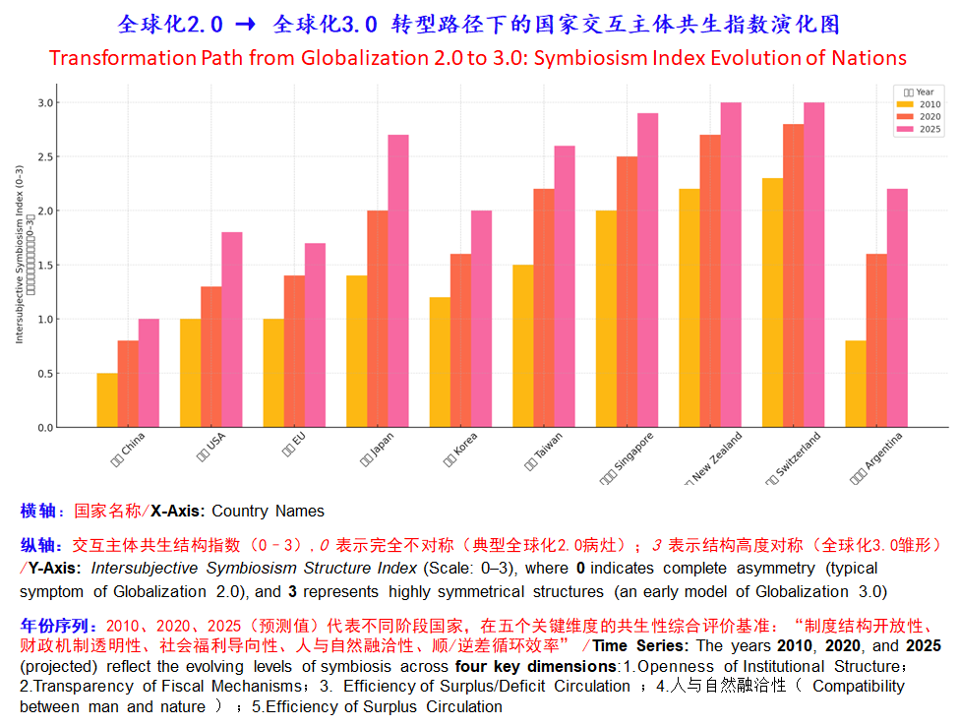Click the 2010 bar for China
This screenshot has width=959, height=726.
pyautogui.click(x=107, y=400)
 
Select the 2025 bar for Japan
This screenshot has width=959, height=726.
pyautogui.click(x=398, y=281)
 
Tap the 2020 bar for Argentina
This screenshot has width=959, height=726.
pyautogui.click(x=876, y=340)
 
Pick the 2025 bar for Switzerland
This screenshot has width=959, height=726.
pyautogui.click(x=813, y=265)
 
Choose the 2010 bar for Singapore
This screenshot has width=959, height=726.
pyautogui.click(x=606, y=319)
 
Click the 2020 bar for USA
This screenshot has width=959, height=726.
pyautogui.click(x=210, y=356)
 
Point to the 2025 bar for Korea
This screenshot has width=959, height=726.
pyautogui.click(x=481, y=319)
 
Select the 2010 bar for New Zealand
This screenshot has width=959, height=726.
pyautogui.click(x=689, y=308)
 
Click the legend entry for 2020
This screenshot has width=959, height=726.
pyautogui.click(x=920, y=116)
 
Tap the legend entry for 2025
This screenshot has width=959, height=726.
pyautogui.click(x=920, y=129)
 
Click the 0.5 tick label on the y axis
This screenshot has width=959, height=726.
pyautogui.click(x=46, y=374)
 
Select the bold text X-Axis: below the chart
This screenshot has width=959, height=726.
pyautogui.click(x=178, y=511)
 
